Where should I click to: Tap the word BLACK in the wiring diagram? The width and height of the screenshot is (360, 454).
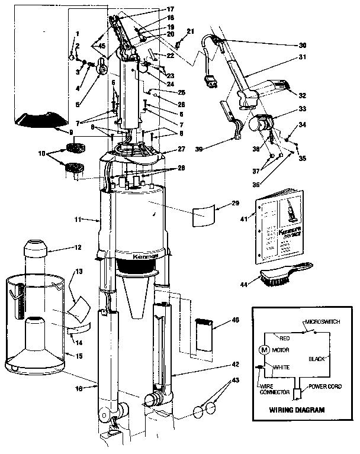point(317,359)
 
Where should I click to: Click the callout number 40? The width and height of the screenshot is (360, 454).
point(235,320)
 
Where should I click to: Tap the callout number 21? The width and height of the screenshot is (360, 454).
point(189,31)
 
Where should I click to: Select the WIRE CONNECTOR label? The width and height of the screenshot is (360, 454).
point(275,388)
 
